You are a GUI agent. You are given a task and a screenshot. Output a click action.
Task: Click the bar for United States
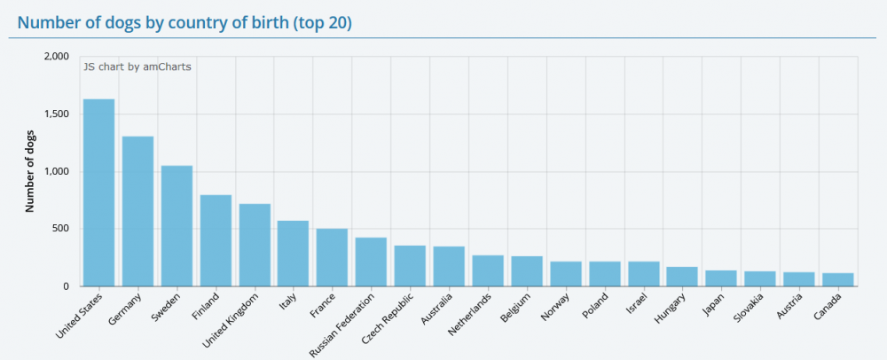[x=98, y=192]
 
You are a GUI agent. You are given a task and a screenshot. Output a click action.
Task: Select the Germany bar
[x=137, y=211]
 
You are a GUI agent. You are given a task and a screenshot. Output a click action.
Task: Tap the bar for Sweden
[x=177, y=226]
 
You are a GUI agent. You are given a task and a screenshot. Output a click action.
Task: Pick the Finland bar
[x=216, y=240]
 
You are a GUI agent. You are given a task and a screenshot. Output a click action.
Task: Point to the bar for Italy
[x=293, y=254]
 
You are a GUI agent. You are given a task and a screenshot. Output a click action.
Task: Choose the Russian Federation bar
[x=371, y=262]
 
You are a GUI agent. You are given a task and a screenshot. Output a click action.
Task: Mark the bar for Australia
[x=449, y=266]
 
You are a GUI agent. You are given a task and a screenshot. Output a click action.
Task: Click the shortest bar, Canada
[x=838, y=279]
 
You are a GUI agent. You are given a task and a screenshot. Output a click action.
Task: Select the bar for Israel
[x=643, y=274]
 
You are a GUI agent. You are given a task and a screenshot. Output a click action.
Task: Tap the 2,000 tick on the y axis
[x=56, y=57]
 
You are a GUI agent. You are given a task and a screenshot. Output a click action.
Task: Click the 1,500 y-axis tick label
[x=56, y=114]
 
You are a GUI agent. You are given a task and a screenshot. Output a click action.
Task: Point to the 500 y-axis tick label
[x=60, y=229]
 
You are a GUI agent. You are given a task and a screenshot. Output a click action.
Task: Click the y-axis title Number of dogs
[x=29, y=171]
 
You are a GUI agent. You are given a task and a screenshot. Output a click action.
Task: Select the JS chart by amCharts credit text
[x=137, y=66]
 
